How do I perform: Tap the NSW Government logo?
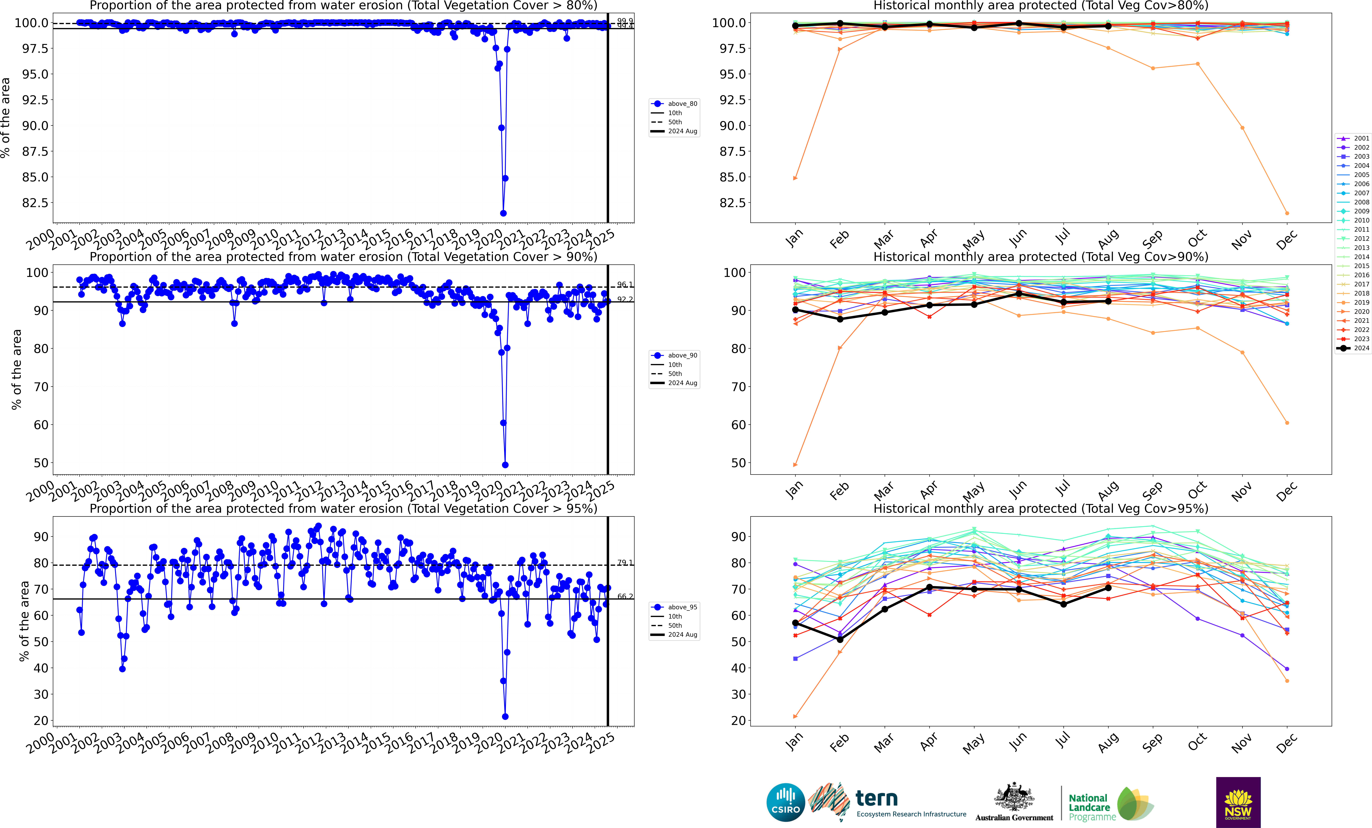1238,802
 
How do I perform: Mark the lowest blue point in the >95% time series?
505,717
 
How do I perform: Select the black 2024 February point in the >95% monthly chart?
840,639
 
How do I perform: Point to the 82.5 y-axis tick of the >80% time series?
35,203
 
